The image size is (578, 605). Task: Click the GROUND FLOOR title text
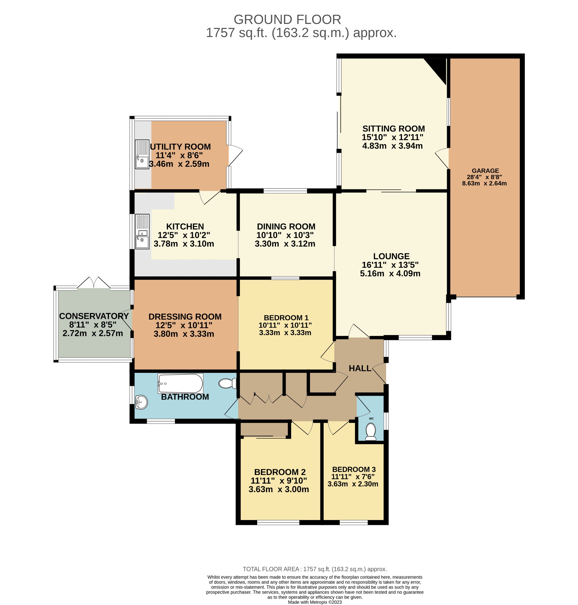[x=287, y=20]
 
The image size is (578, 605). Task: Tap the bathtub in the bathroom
[x=180, y=383]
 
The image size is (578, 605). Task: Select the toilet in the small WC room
[x=371, y=432]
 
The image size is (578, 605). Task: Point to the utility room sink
[x=142, y=154]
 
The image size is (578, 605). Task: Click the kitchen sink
[x=142, y=232]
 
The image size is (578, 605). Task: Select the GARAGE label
[x=485, y=171]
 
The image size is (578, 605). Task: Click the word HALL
[x=360, y=368]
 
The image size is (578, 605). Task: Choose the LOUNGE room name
[x=391, y=256]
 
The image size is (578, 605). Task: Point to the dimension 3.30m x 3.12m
[x=285, y=244]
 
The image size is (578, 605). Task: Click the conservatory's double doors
[x=94, y=283]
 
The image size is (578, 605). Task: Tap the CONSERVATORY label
[x=94, y=316]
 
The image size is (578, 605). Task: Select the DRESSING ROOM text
[x=185, y=317]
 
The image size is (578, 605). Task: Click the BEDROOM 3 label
[x=354, y=469]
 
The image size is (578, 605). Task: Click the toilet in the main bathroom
[x=227, y=383]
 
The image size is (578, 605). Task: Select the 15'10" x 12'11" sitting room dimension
[x=392, y=137]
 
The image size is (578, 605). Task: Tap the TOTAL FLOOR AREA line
[x=315, y=569]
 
